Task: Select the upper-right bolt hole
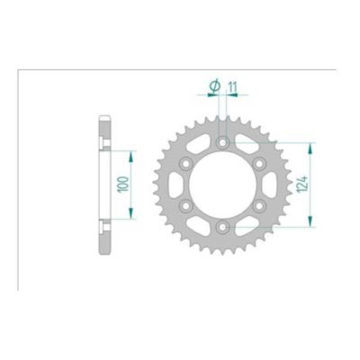(257, 164)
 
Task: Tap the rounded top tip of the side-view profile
(104, 117)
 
